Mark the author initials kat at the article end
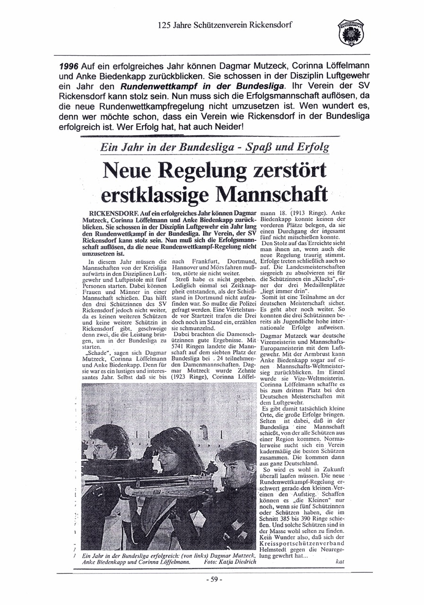coord(338,562)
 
